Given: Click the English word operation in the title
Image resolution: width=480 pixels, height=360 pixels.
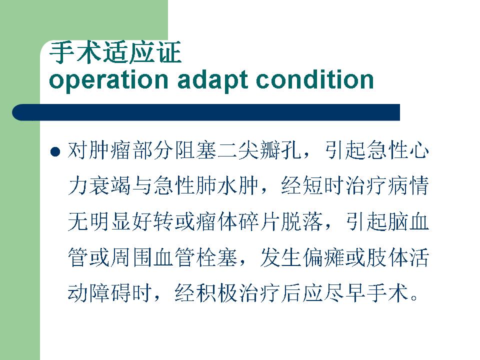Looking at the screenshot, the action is click(108, 80).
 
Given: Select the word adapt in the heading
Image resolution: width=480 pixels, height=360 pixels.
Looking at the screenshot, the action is click(213, 80).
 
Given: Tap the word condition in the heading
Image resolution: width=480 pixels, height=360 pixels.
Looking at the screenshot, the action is click(315, 79).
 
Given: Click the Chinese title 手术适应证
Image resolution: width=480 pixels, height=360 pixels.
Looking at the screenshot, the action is click(115, 52).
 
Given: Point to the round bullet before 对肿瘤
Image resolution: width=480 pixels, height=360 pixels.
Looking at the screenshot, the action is click(55, 151).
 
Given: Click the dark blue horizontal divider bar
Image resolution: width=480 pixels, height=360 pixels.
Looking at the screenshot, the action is click(206, 112).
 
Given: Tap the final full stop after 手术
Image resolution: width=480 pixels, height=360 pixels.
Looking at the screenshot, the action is click(414, 298).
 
